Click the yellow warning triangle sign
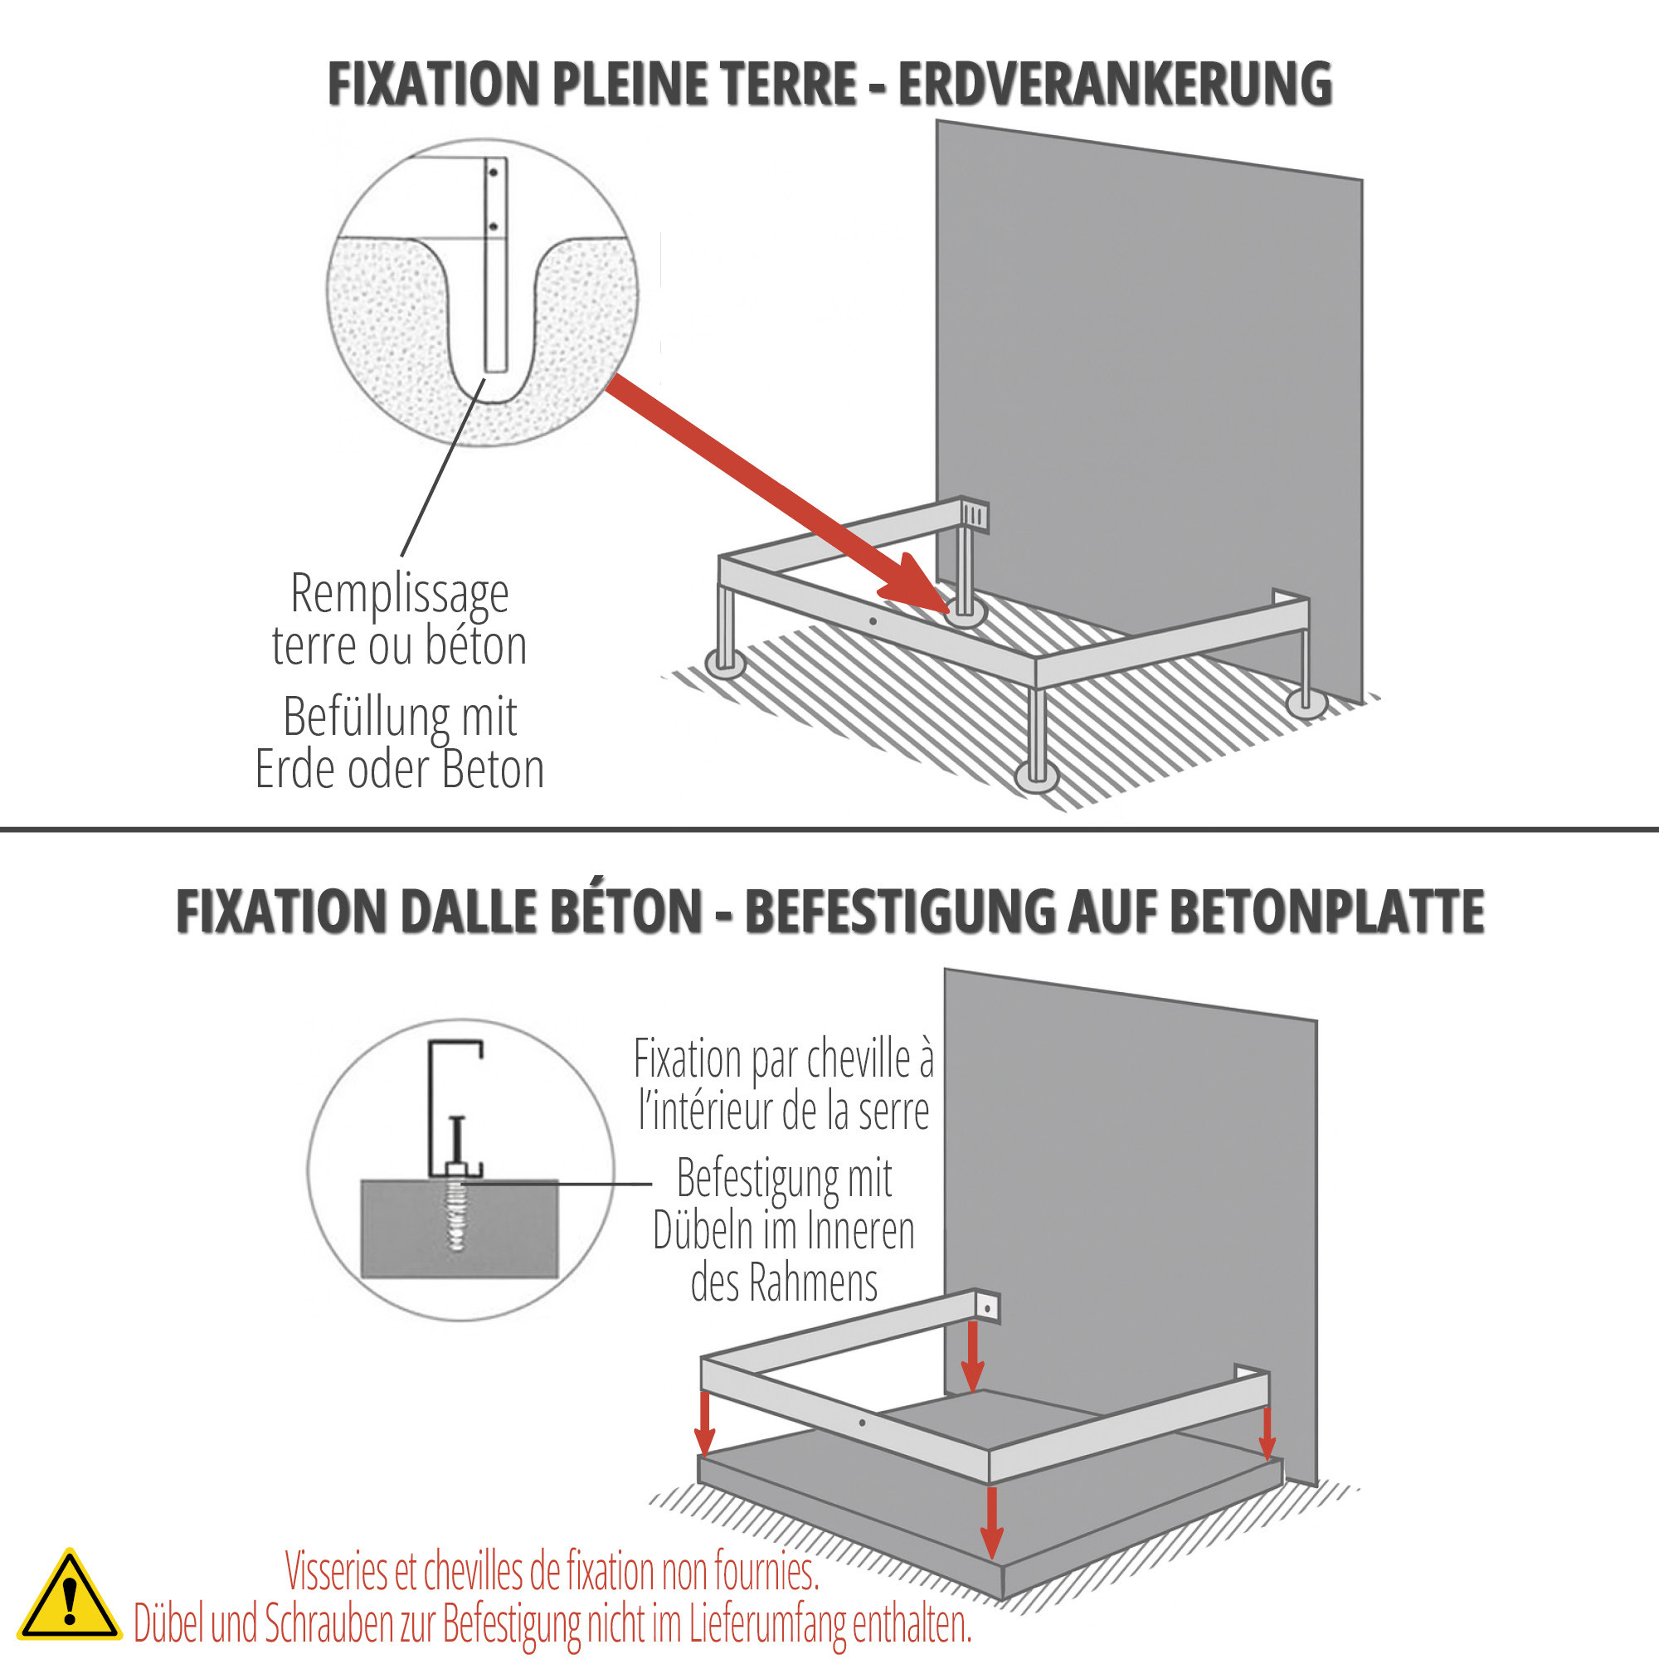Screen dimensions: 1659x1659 coord(69,1596)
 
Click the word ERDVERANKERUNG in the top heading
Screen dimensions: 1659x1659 coord(1115,84)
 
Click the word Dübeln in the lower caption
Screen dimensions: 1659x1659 coord(703,1231)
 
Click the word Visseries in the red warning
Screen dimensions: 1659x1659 coord(338,1571)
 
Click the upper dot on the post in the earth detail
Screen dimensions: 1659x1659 coord(494,173)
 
